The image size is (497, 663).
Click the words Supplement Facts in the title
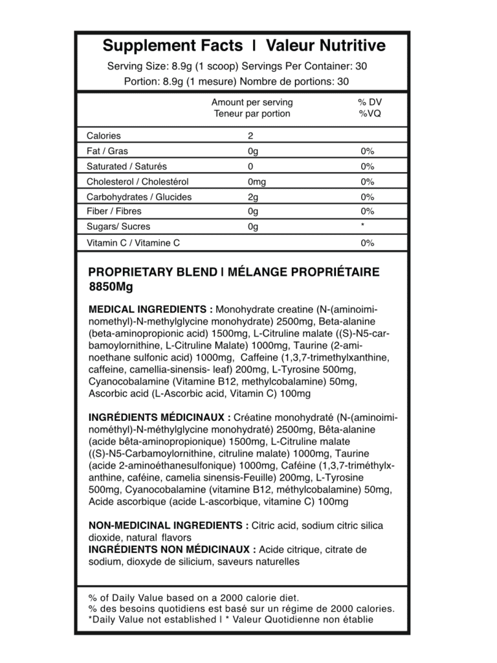tap(173, 46)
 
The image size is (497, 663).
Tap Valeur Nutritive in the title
tap(326, 46)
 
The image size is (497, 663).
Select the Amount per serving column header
tap(252, 102)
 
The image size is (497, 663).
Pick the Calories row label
tap(104, 136)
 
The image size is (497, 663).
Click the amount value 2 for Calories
tap(250, 136)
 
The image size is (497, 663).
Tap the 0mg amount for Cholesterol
tap(257, 182)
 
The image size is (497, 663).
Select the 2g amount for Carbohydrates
tap(253, 197)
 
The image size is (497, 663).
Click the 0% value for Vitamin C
tap(368, 243)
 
